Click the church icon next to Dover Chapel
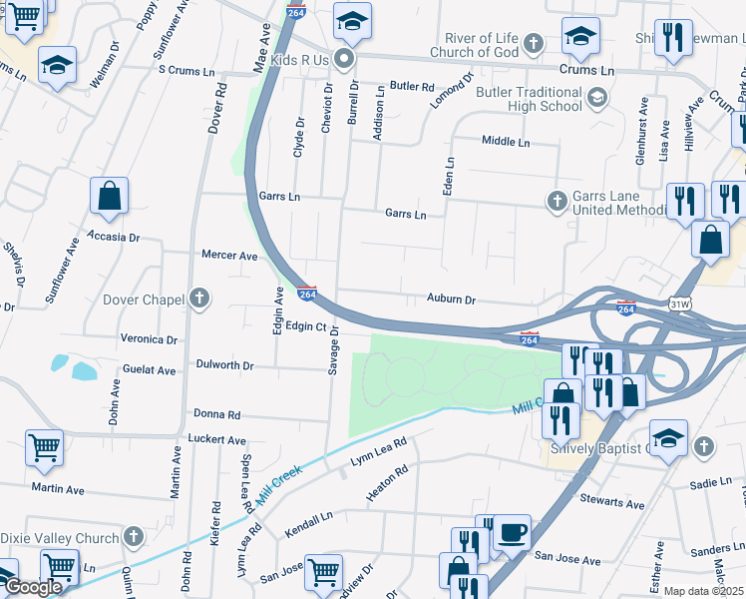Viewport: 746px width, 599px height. click(x=199, y=298)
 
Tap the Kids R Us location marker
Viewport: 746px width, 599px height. click(x=345, y=60)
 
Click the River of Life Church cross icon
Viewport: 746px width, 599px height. click(x=534, y=44)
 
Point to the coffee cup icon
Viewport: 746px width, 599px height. click(x=513, y=532)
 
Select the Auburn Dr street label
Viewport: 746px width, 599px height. click(x=451, y=299)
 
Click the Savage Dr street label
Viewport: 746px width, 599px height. click(x=334, y=349)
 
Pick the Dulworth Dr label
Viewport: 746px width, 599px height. click(x=225, y=365)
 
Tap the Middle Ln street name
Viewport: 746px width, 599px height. click(x=506, y=142)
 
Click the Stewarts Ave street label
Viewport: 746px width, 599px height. click(x=607, y=502)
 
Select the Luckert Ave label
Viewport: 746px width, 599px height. click(x=216, y=439)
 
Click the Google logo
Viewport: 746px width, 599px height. click(x=33, y=587)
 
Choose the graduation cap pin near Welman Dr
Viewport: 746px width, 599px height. click(x=58, y=66)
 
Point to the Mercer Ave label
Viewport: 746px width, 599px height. click(x=229, y=256)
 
